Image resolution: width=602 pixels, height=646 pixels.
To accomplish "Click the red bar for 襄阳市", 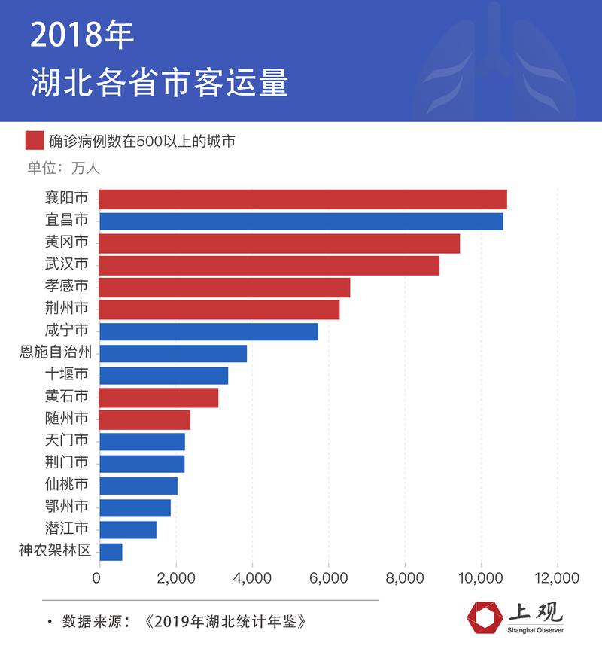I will pos(303,200).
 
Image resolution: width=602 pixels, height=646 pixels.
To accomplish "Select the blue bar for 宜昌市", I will pos(300,221).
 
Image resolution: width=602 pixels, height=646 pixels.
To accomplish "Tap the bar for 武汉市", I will pos(269,265).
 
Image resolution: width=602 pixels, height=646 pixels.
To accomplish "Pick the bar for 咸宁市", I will pos(208,331).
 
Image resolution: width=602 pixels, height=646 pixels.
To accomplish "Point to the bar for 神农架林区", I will pos(110,552).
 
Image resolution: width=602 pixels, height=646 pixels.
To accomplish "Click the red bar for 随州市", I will pos(144,419).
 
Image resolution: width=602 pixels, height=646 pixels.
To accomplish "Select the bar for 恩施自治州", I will pos(172,354).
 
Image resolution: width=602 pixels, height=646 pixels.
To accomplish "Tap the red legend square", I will pos(34,141).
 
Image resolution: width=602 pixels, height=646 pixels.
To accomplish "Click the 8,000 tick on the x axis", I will pos(405,577).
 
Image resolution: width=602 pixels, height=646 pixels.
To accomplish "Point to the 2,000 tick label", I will pos(175,577).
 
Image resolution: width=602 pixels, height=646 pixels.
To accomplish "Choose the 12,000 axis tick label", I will pos(557,577).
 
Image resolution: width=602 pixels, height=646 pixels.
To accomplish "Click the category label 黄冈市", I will pos(66,243).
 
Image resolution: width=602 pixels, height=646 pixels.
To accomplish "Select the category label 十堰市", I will pos(66,375).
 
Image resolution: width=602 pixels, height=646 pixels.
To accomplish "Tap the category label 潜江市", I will pos(66,529).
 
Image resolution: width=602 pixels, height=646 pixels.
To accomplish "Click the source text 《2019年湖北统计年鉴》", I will pos(226,622).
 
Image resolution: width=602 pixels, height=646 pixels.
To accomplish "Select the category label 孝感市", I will pos(66,287).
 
